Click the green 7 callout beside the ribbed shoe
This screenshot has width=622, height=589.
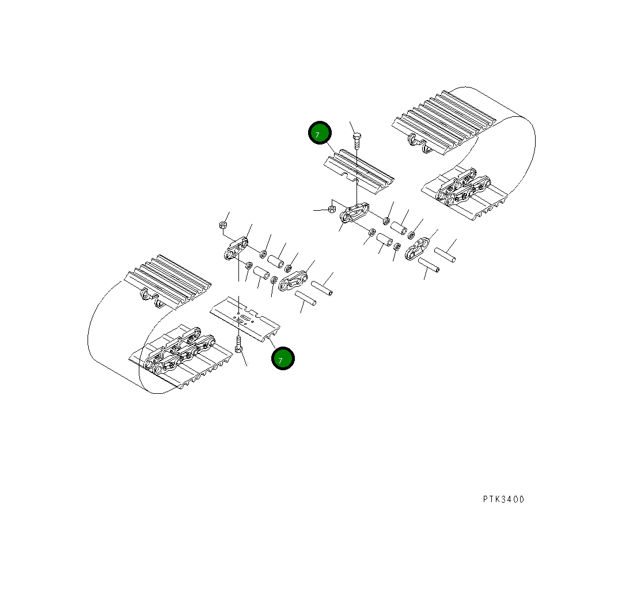tap(320, 133)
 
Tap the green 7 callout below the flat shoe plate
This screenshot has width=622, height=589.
tap(283, 358)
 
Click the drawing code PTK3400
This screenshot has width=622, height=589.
tap(503, 499)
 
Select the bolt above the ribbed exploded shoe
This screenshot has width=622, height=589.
tap(357, 138)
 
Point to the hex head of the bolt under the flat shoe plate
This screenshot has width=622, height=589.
tap(239, 349)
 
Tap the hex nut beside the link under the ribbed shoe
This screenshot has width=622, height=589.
tap(332, 208)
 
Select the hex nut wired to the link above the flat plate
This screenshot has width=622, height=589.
tap(223, 225)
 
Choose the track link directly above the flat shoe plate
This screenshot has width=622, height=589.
tap(237, 251)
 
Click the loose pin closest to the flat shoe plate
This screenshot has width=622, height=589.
tap(306, 298)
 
